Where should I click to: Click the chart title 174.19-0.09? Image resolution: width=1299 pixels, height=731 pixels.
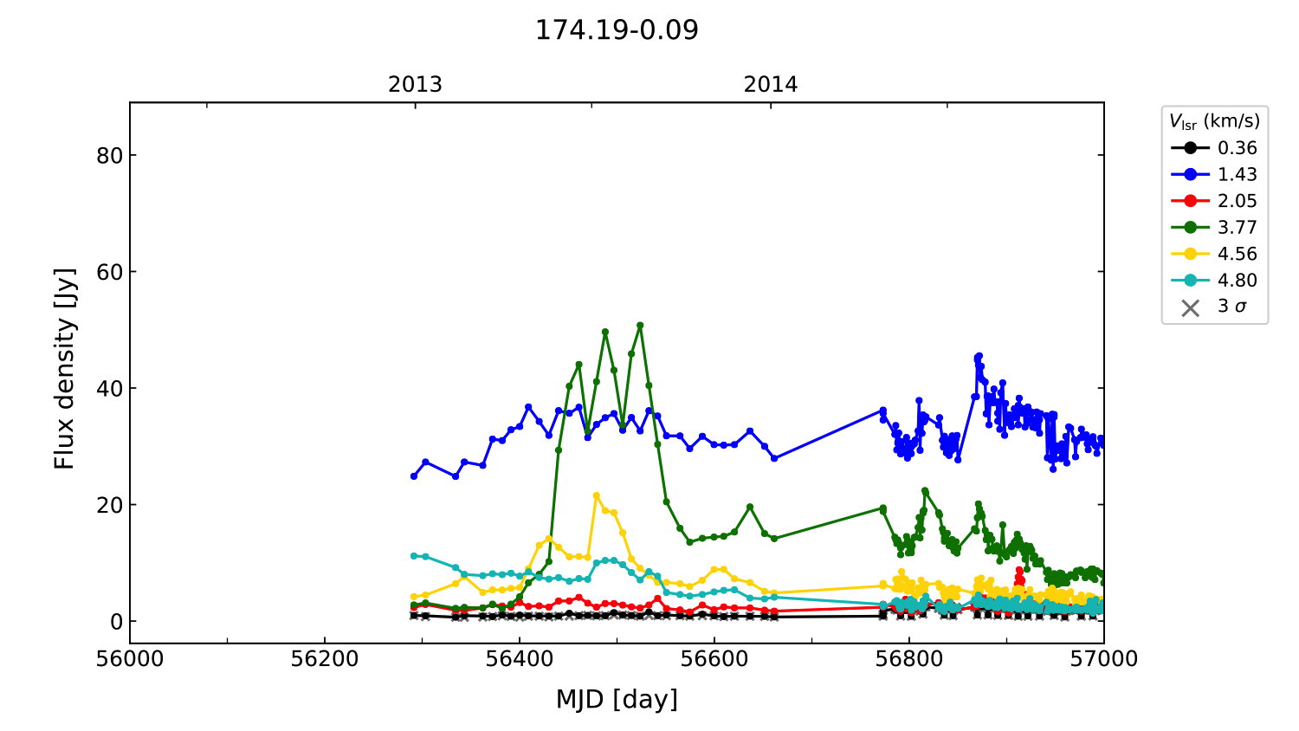(x=617, y=30)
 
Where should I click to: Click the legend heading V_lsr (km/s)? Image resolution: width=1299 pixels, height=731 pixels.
(x=1214, y=121)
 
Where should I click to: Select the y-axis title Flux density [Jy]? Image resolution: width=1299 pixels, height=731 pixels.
(x=65, y=368)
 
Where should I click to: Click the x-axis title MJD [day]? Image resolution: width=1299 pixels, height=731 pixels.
(x=617, y=699)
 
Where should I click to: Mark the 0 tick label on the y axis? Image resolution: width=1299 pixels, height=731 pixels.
(x=116, y=622)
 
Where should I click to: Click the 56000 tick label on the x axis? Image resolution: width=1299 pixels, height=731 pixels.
(x=130, y=659)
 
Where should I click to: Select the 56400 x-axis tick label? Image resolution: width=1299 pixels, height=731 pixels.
(x=520, y=659)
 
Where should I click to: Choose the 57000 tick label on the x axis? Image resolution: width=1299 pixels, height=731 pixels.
(x=1103, y=659)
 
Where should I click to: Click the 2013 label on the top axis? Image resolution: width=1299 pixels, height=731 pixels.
(x=415, y=85)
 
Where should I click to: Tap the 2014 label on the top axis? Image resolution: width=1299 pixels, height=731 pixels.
(x=771, y=85)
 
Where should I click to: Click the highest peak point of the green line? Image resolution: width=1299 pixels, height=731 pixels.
(x=640, y=326)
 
